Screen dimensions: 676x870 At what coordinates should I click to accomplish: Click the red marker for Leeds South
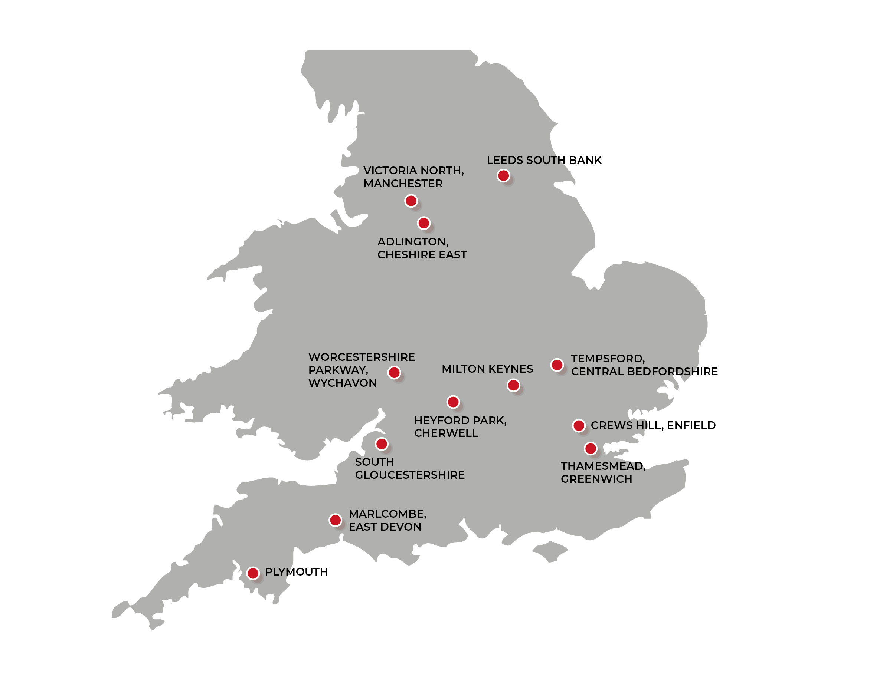pos(503,175)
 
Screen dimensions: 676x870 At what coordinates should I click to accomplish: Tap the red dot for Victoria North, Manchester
pos(411,201)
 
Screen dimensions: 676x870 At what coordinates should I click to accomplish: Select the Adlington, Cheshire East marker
pos(423,223)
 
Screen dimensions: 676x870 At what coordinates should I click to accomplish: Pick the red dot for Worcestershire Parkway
pos(394,372)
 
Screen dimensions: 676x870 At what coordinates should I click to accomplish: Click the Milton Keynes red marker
pos(513,385)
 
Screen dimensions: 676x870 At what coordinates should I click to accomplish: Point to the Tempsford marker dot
pos(557,365)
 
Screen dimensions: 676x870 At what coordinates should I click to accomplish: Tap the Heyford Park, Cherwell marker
pos(453,402)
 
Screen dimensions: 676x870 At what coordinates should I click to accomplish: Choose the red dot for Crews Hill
pos(578,425)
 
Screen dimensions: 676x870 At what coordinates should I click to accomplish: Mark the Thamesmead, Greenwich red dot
pos(591,448)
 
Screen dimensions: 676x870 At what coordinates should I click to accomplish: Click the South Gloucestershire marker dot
pos(382,443)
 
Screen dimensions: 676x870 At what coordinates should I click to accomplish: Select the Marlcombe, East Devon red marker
pos(335,520)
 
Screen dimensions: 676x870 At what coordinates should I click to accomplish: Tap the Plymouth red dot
pos(252,573)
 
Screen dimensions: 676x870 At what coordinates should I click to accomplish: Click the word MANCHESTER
pos(403,184)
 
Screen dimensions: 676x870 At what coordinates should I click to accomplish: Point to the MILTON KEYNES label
pos(487,369)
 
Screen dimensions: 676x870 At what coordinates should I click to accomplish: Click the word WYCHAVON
pos(342,383)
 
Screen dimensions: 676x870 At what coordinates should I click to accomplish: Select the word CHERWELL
pos(446,433)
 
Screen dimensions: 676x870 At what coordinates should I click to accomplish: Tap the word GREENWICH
pos(596,479)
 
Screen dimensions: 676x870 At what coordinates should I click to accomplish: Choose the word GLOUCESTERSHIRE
pos(409,475)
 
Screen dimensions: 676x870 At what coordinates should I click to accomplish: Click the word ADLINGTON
pos(413,241)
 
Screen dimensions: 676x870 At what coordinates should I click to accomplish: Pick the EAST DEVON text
pos(385,527)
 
